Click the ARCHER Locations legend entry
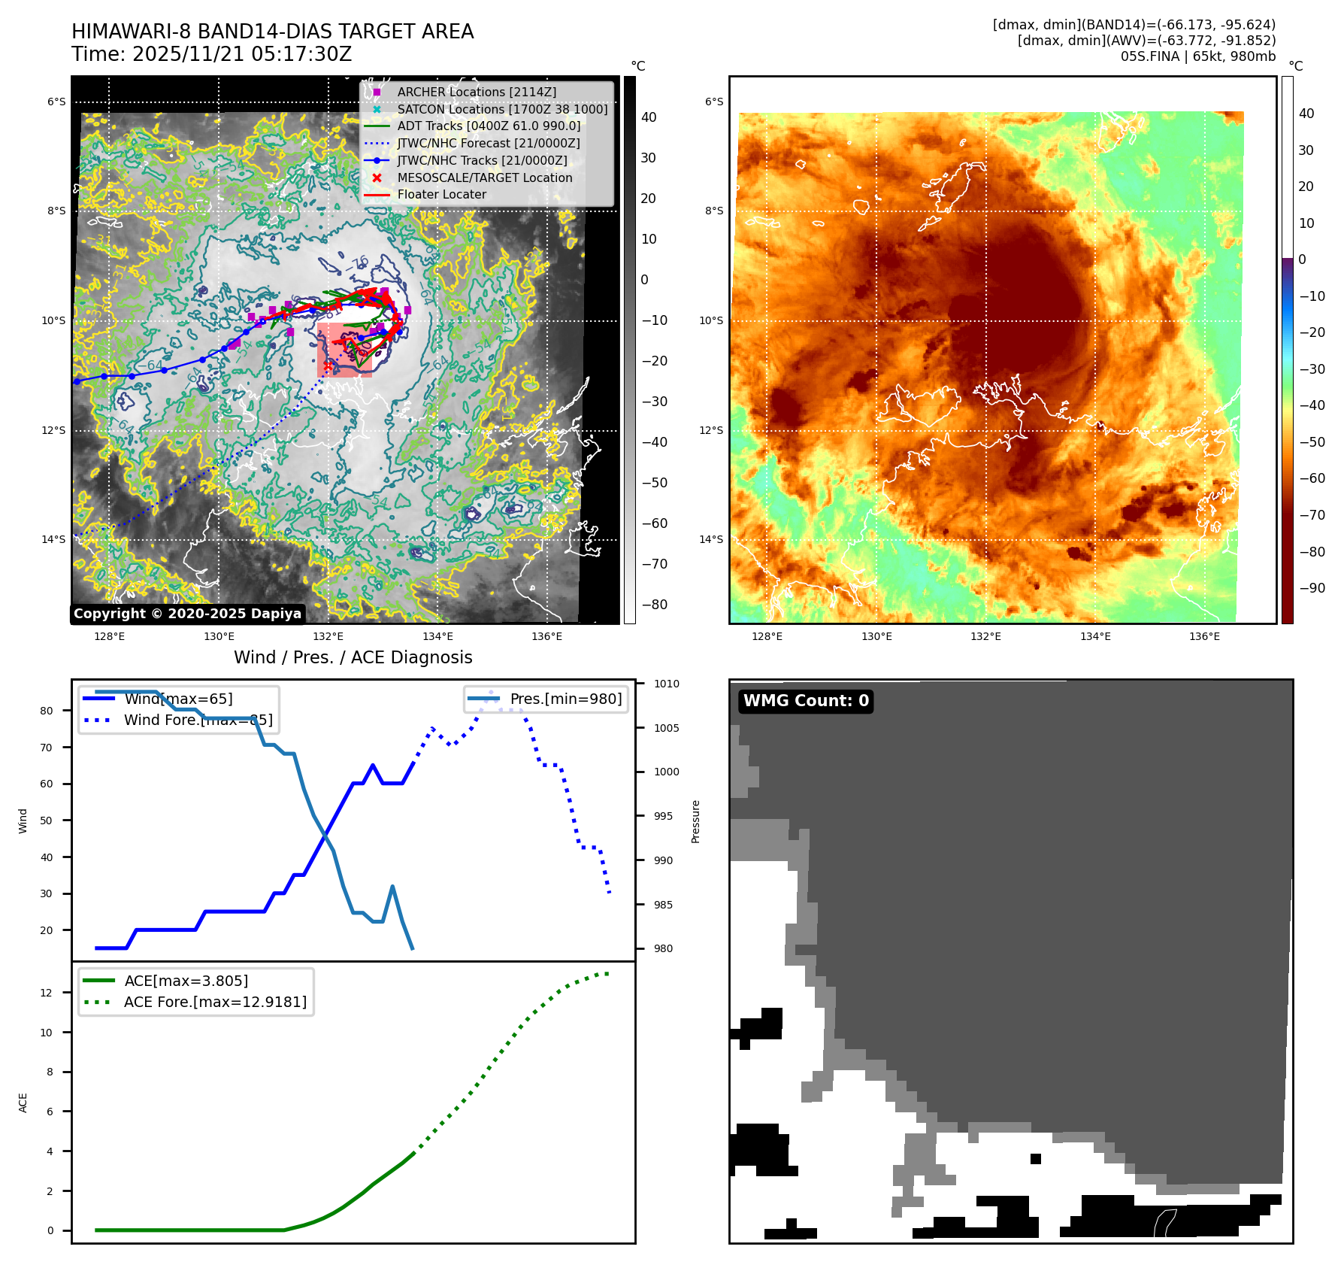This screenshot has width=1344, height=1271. click(x=477, y=92)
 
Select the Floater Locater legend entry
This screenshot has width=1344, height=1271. click(x=441, y=194)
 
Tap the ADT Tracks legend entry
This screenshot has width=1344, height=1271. click(x=489, y=126)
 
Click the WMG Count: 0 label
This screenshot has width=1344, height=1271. click(x=806, y=701)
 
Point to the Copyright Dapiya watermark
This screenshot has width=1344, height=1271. click(x=187, y=614)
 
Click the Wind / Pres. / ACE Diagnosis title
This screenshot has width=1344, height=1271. click(x=353, y=657)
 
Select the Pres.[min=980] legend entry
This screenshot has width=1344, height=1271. click(x=565, y=699)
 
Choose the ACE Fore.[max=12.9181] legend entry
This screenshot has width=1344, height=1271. click(x=215, y=1002)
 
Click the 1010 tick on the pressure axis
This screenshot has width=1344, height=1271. click(x=666, y=684)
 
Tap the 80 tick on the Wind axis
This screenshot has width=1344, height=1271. click(x=47, y=711)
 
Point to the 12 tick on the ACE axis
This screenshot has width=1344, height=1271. click(x=47, y=993)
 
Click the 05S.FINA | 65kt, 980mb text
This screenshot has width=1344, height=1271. click(x=1198, y=56)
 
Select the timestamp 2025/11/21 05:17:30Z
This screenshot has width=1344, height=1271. click(x=242, y=54)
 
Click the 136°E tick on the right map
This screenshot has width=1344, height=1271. click(x=1204, y=636)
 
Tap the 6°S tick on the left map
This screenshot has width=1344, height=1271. click(x=56, y=102)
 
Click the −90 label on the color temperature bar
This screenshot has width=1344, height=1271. click(x=1312, y=588)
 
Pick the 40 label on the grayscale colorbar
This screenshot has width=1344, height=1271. click(x=649, y=117)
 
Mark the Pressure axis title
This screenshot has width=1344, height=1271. click(x=696, y=821)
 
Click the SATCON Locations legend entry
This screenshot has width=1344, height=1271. click(x=502, y=109)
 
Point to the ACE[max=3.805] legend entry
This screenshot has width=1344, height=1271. click(x=186, y=981)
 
